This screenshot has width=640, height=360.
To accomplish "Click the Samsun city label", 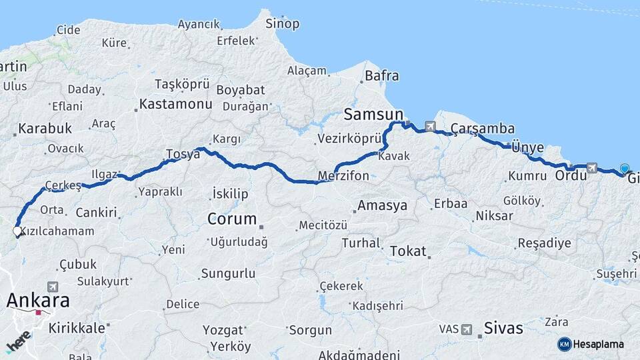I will tap(373, 114).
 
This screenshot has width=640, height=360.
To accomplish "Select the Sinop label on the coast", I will tap(282, 24).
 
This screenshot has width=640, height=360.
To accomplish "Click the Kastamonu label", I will tap(175, 105).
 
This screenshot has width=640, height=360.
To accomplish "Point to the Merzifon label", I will tap(343, 176).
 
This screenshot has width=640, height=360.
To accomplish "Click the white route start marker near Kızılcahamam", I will tap(17, 231).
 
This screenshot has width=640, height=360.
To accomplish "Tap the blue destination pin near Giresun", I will tap(625, 169).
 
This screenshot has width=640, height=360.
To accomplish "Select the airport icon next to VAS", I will tap(466, 329).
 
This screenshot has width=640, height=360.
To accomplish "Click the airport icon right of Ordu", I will tap(591, 169).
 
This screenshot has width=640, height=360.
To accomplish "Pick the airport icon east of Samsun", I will tap(429, 126).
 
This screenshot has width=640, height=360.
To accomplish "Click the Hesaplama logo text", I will tap(598, 344).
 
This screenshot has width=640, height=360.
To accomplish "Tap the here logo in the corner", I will tap(18, 341).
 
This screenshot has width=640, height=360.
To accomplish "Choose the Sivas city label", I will tap(503, 329).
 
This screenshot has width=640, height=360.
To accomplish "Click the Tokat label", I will tap(407, 251).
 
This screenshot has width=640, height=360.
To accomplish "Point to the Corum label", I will tap(232, 219).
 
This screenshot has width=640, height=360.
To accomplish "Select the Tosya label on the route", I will tap(183, 154).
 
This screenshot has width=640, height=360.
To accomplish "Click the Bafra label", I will tap(382, 76).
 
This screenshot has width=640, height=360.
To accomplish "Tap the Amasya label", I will tap(382, 205).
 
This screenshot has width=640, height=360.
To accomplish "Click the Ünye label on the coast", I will tap(527, 147).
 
